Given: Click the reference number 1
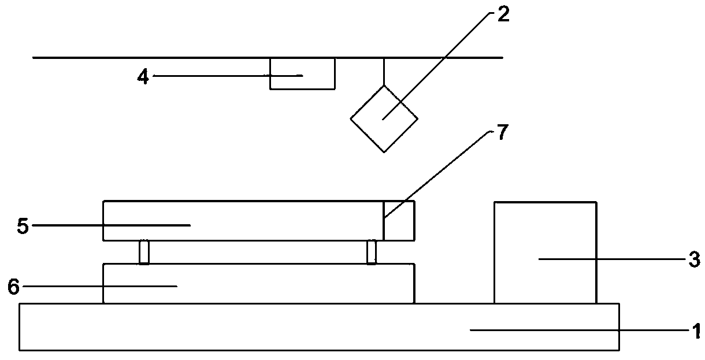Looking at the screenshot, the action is (x=697, y=331).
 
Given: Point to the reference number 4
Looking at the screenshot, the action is (x=143, y=77).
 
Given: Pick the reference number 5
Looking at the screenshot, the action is (x=23, y=225).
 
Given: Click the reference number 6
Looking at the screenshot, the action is (x=13, y=285).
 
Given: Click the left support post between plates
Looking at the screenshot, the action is (x=144, y=252).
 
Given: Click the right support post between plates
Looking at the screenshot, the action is (x=372, y=252).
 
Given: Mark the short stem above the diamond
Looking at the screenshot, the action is (x=384, y=72).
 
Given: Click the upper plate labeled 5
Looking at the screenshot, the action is (x=243, y=220).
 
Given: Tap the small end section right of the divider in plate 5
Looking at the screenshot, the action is (x=399, y=220).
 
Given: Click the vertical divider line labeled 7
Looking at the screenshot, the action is (x=384, y=228).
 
